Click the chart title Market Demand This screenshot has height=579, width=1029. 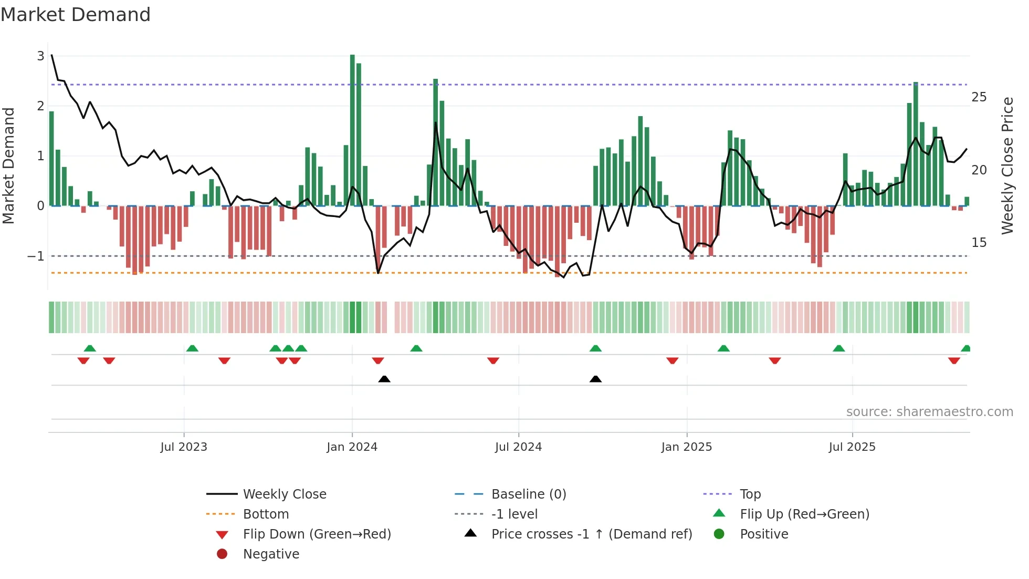point(76,15)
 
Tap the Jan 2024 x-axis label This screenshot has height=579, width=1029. point(352,447)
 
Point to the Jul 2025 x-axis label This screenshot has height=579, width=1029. point(852,447)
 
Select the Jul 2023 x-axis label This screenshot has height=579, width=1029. point(184,447)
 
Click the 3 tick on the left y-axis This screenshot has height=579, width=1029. point(40,56)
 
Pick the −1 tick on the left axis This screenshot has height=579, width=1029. point(36,256)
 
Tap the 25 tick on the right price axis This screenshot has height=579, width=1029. point(979,97)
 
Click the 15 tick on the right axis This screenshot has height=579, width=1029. point(979,243)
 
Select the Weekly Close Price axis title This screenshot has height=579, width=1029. point(1007,166)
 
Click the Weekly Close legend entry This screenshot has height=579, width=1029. point(285,494)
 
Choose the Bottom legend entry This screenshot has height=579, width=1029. point(266,514)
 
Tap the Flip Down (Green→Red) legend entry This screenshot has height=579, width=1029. point(317,534)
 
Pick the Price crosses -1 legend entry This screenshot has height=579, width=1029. point(592,534)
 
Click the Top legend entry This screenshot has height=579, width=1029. point(750,494)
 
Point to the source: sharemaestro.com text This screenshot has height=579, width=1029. point(929,412)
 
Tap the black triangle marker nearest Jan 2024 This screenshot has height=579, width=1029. point(384,379)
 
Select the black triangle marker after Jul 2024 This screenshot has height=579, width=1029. point(595,379)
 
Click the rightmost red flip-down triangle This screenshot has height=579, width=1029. point(954,360)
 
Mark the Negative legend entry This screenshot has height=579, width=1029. point(271,554)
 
